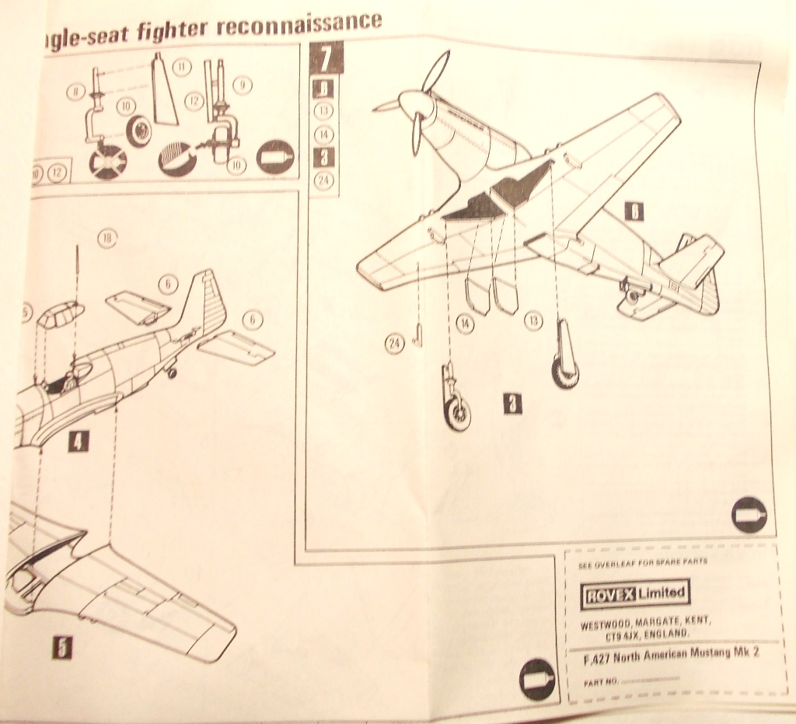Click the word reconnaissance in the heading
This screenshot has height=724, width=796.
[299, 24]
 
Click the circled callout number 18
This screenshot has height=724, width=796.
[107, 238]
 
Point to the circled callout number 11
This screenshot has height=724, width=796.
[181, 68]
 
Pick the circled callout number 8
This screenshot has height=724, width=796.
[75, 92]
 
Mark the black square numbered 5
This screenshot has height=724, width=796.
[61, 647]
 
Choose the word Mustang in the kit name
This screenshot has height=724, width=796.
[710, 654]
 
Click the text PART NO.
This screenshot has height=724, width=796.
[600, 680]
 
